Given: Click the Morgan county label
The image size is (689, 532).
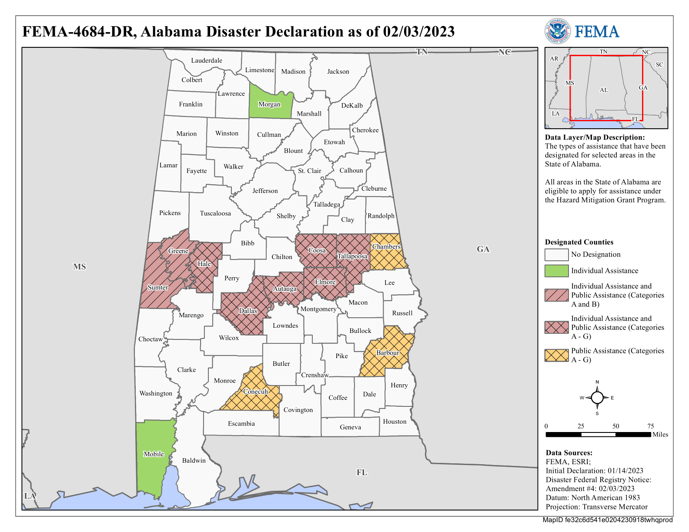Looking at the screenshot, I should point(269,104).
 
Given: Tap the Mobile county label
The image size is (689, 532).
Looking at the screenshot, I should point(154,454).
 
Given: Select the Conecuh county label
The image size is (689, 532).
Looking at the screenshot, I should point(255,392).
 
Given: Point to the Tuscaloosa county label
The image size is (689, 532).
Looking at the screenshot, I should point(215,213).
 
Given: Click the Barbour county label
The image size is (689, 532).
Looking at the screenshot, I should point(388,352).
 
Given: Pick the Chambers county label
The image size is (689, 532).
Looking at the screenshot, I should point(386,246).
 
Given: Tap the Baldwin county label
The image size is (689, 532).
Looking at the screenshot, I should point(194,460).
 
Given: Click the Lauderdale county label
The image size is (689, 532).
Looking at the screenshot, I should point(207,60).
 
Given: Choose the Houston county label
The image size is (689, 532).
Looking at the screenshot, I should point(395,422).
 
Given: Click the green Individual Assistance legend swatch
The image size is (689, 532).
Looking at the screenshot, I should point(556,271).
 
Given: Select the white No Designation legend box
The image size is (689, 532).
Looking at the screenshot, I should point(556,255).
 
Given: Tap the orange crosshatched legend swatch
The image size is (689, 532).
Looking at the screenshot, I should point(556,355).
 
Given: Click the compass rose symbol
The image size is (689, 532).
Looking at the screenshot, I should point(597,397).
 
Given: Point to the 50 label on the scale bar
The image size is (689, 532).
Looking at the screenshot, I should point(615,426).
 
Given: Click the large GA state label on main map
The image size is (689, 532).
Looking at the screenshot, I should point(483,249).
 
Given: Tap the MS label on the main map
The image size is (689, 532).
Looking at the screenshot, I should point(79,266).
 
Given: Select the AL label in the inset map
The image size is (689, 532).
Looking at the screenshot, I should point(604,90).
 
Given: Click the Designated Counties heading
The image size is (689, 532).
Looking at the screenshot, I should point(579,242).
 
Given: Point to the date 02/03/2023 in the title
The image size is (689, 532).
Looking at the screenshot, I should point(418,32).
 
